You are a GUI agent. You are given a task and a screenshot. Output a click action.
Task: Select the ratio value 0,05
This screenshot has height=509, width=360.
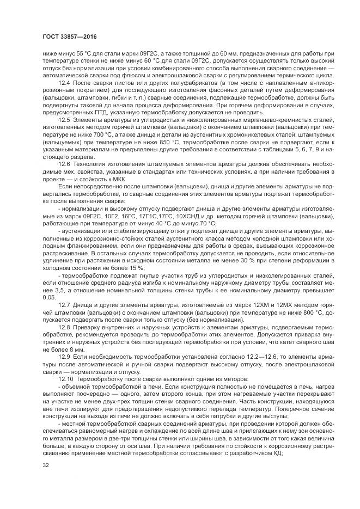coord(49,298)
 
